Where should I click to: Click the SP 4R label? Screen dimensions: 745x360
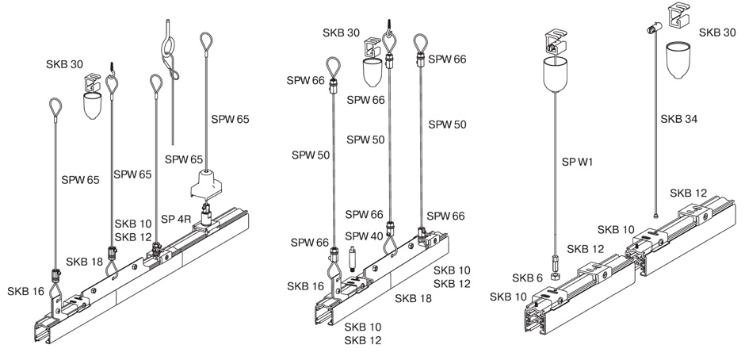176,219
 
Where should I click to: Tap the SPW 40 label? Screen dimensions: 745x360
364,236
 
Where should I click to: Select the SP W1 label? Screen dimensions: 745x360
577,163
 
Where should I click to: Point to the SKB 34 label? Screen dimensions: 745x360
679,120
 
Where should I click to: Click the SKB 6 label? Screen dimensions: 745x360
527,278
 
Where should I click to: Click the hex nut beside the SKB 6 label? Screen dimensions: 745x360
555,276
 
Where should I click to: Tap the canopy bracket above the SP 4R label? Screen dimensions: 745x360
207,185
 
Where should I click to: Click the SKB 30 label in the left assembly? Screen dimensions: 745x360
65,65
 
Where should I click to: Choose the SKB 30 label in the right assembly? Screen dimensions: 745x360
717,33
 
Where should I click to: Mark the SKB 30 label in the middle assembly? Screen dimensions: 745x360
341,33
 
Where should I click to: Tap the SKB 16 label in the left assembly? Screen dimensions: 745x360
25,292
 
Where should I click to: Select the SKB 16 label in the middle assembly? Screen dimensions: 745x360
305,286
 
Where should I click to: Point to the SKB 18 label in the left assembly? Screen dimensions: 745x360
85,262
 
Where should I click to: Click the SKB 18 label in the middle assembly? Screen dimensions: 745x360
414,299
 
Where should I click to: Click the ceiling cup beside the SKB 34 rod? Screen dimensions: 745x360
678,60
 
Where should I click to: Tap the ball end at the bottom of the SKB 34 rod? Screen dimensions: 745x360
655,216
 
